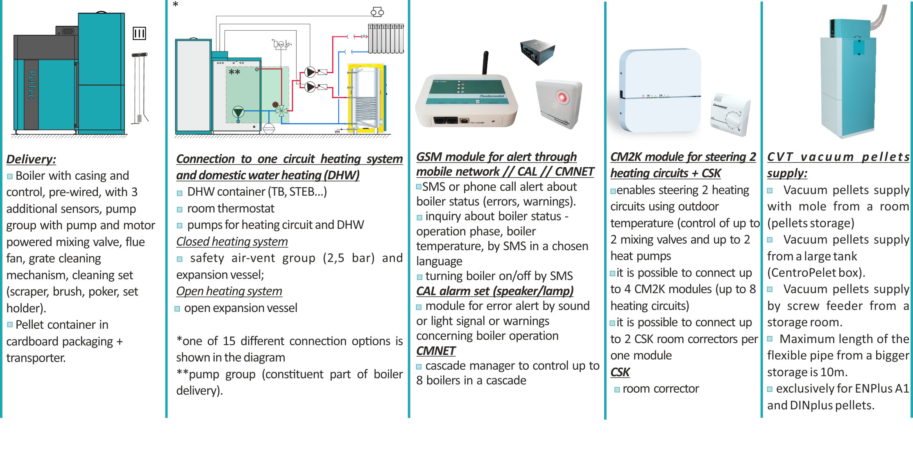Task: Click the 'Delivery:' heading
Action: coord(31,159)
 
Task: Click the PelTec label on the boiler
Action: coord(32,85)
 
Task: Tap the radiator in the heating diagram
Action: coord(386,38)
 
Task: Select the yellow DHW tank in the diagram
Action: coord(366,98)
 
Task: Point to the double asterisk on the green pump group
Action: coord(234,72)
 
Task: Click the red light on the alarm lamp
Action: coord(562,97)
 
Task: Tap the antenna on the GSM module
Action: coord(485,62)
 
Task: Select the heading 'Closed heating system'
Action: coord(232,242)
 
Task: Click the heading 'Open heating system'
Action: coord(229,291)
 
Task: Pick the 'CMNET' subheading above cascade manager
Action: coord(436,351)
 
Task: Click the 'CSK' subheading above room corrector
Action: coord(620,372)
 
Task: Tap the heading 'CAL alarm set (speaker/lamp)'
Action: coord(495,291)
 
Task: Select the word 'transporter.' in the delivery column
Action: coord(36,358)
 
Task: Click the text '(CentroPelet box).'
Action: coord(816,273)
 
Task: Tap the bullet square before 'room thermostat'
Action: coord(179,210)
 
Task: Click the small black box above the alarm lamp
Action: coord(537,52)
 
